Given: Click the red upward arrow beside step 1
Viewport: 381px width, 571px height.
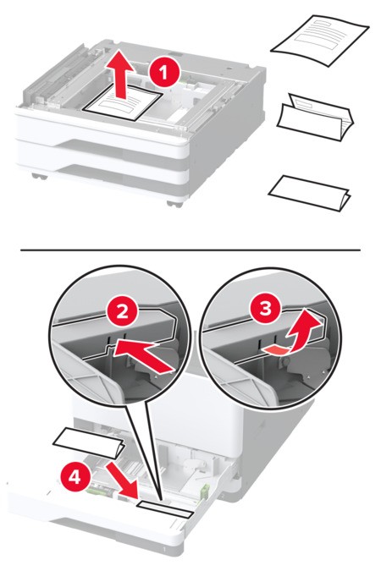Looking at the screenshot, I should (124, 77).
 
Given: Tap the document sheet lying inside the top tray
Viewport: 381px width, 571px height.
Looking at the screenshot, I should (124, 108).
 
